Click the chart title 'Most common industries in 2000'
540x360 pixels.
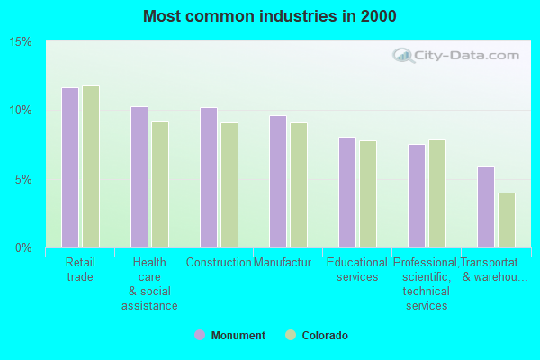point(269,16)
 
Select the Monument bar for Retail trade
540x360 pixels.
point(70,167)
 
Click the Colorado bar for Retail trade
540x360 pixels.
point(91,166)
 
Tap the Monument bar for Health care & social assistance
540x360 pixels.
point(139,177)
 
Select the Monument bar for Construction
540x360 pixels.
point(209,177)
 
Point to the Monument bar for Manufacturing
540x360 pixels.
point(278,182)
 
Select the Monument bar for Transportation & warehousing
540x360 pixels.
point(486,207)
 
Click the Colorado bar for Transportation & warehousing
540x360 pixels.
point(507,220)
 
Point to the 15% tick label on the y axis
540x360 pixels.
point(21,42)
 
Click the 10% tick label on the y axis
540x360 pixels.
point(21,111)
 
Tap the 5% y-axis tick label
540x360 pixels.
point(24,179)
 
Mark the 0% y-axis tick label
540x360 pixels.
point(24,247)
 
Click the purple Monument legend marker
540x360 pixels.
point(200,336)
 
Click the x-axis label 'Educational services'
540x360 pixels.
point(357,270)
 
